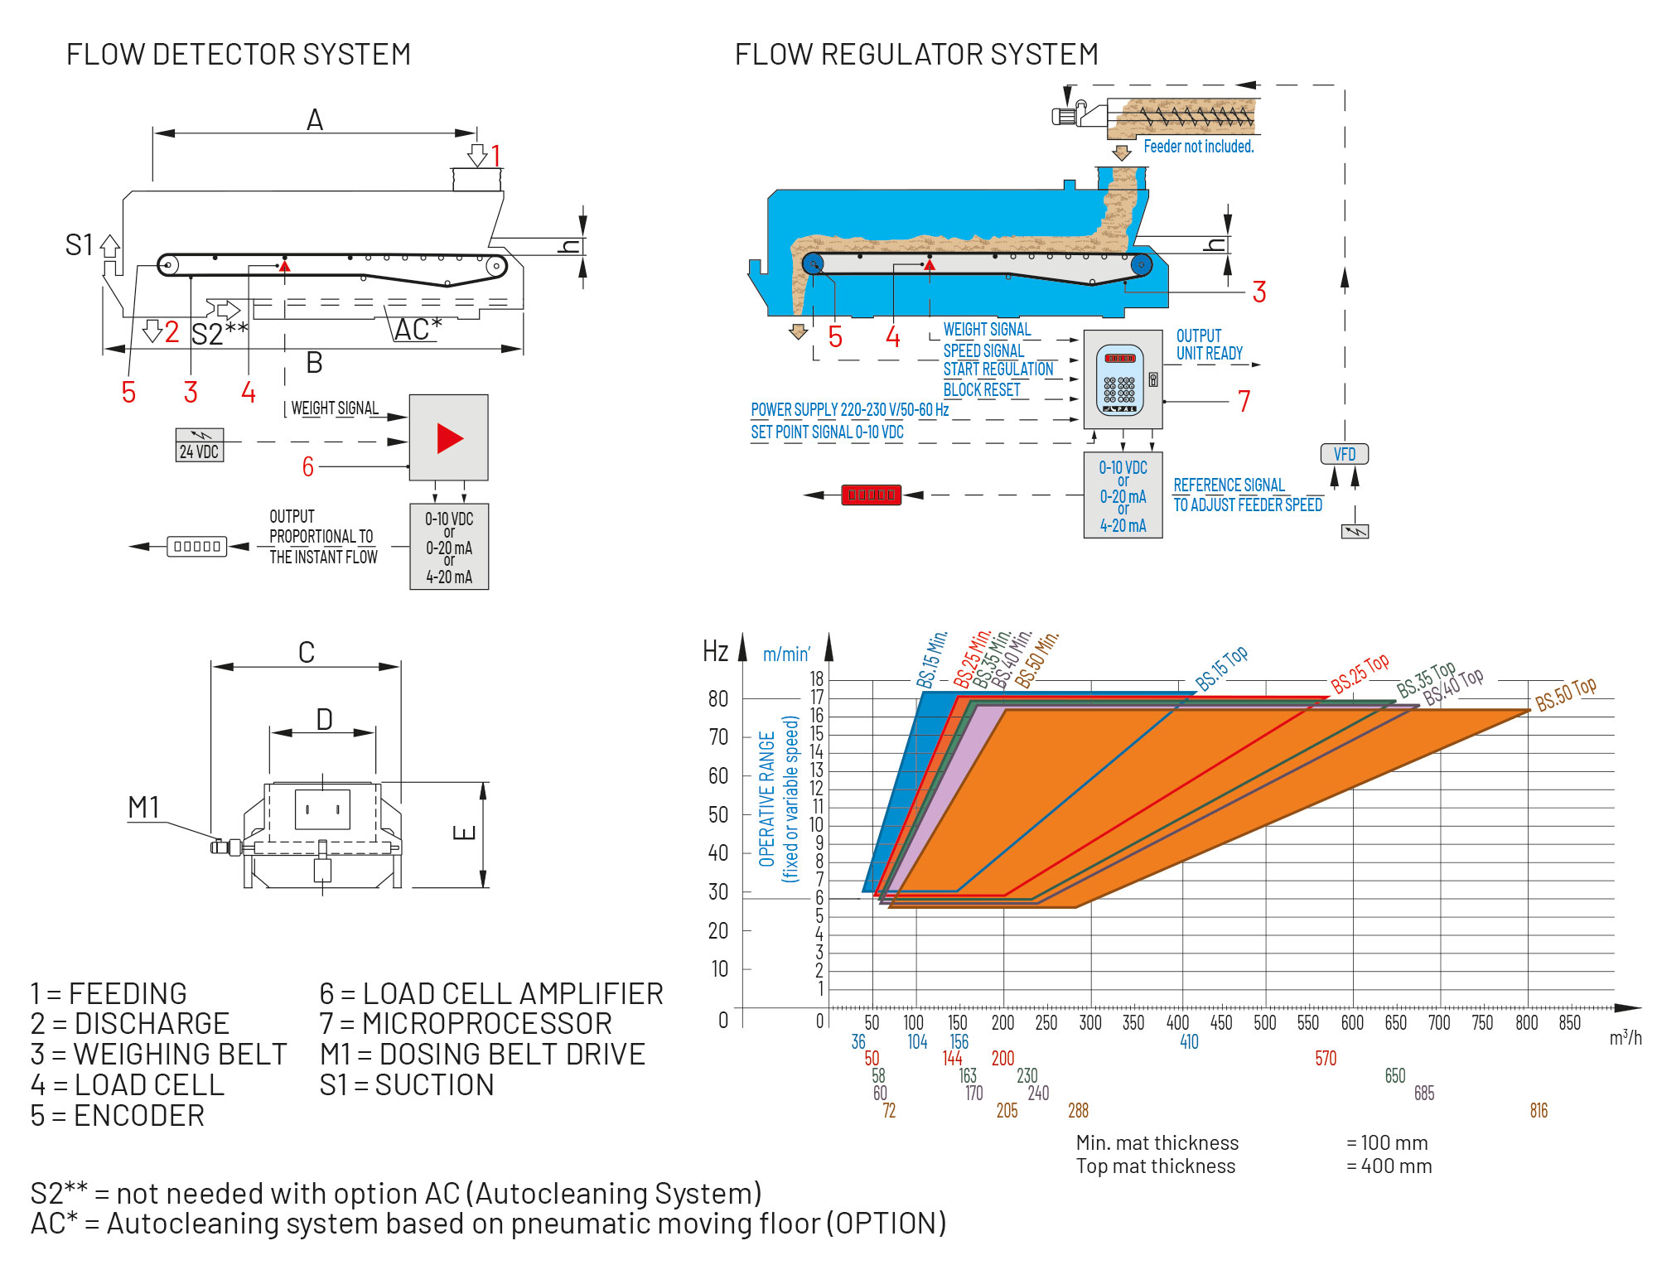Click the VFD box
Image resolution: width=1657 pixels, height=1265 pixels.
point(1344,454)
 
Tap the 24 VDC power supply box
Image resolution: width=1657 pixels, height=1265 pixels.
point(200,446)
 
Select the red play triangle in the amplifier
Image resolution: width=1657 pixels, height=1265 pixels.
point(449,438)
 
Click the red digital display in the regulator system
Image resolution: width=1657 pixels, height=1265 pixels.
point(871,495)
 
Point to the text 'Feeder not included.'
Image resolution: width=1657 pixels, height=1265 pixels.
point(1198,147)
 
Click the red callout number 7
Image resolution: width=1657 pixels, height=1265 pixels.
point(1244,402)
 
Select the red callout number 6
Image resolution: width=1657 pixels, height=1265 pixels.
point(308,467)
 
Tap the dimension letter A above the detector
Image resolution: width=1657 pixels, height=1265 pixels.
point(315,121)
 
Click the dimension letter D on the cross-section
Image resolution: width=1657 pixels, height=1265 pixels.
point(324,719)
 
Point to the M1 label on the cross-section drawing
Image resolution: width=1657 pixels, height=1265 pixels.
point(143,808)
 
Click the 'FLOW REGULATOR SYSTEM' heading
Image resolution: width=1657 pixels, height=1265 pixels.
point(916,55)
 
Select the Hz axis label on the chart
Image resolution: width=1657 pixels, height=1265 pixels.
point(715,651)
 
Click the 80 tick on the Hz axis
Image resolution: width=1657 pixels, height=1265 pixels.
point(718,698)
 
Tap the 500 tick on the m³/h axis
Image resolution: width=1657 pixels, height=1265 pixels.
point(1264,1022)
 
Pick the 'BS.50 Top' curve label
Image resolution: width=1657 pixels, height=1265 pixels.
point(1565,694)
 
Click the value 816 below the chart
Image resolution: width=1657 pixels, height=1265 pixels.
point(1539,1111)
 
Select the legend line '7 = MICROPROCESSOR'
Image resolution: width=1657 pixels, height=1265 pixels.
point(466,1024)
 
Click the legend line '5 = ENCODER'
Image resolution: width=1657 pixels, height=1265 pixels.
point(118,1116)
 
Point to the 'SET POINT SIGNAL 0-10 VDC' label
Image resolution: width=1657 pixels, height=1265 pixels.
point(827,432)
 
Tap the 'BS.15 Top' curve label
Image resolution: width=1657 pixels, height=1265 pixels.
point(1222,669)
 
